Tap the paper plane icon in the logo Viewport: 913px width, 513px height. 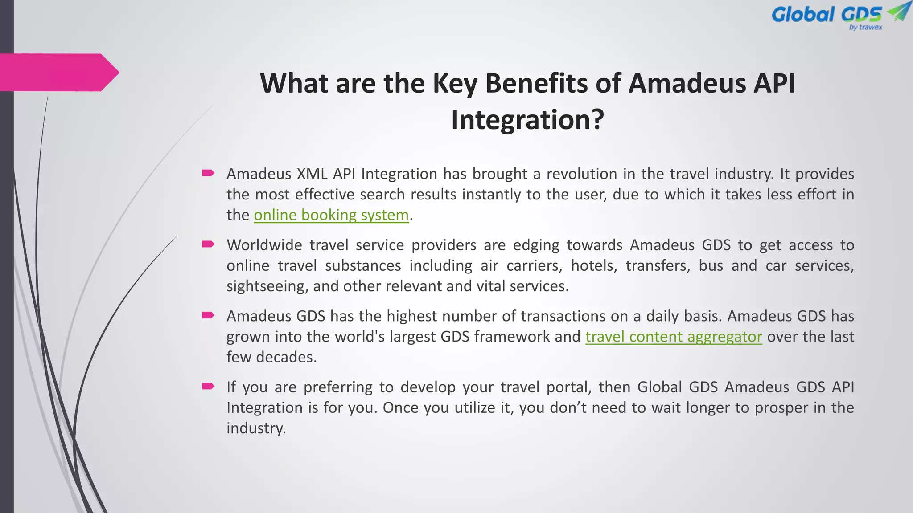pyautogui.click(x=899, y=12)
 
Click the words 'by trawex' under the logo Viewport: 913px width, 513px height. pyautogui.click(x=865, y=28)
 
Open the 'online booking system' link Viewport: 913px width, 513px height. pyautogui.click(x=331, y=215)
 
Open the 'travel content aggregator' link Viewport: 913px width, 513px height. pyautogui.click(x=674, y=337)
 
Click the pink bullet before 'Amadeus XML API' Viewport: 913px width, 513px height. pyautogui.click(x=208, y=173)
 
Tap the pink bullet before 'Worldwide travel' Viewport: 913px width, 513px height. pyautogui.click(x=208, y=244)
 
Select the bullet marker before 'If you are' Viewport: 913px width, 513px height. pyautogui.click(x=208, y=386)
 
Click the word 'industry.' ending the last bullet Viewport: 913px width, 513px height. pyautogui.click(x=256, y=428)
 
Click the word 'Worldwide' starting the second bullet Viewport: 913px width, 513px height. pyautogui.click(x=265, y=245)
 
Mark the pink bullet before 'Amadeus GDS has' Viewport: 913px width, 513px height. pyautogui.click(x=208, y=315)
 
